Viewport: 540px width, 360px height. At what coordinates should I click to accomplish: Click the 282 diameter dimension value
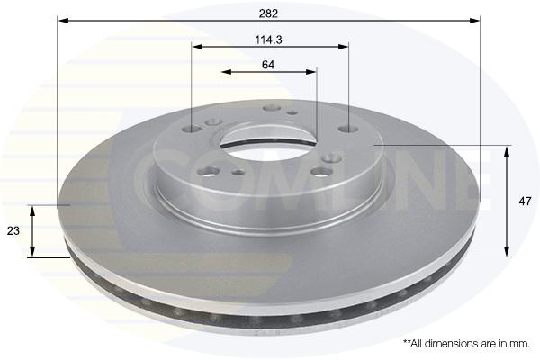(268, 13)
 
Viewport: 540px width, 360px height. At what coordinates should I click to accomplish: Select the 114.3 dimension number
(268, 40)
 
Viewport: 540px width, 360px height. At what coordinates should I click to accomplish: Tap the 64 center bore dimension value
(268, 65)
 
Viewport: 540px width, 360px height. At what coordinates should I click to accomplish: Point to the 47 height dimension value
(525, 202)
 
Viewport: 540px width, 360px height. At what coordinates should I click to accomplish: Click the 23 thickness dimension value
(13, 230)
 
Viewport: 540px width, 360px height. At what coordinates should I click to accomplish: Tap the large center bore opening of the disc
(268, 137)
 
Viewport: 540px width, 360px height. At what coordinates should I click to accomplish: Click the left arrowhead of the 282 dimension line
(63, 21)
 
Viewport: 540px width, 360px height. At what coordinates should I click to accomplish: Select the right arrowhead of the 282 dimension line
(474, 21)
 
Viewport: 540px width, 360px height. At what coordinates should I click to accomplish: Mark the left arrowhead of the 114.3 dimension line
(197, 47)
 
